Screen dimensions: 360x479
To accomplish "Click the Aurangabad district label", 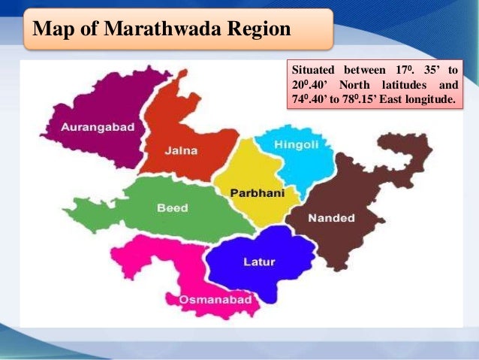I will pyautogui.click(x=99, y=127).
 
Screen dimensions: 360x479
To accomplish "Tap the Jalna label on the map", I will pyautogui.click(x=181, y=150).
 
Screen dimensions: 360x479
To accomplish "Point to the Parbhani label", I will pyautogui.click(x=257, y=193).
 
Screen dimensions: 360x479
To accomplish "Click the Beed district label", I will pyautogui.click(x=173, y=208).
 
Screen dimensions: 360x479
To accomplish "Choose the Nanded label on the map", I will pyautogui.click(x=330, y=218).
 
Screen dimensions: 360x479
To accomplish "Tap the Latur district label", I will pyautogui.click(x=259, y=262).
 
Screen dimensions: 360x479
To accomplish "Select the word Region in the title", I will pyautogui.click(x=259, y=31).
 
